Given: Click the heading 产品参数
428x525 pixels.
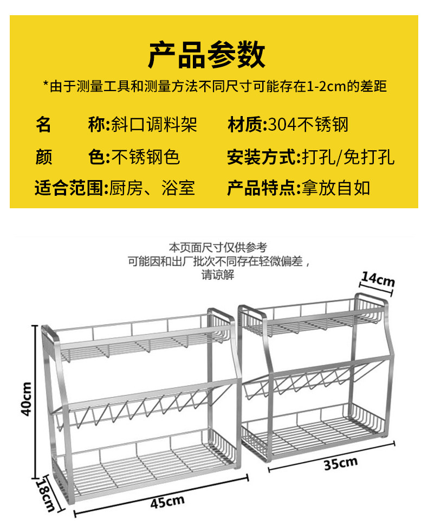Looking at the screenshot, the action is point(207,55).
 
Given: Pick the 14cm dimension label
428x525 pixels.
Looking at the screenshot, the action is point(378,280).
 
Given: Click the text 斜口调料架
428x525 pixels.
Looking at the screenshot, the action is point(154,125).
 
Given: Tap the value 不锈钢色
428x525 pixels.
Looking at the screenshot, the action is point(145,157).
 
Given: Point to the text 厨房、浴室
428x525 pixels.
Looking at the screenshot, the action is point(152,188).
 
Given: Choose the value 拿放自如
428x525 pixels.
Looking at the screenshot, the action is point(335,188).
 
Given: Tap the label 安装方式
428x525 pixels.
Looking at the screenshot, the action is point(262,157).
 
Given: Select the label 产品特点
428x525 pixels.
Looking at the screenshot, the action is point(262,188).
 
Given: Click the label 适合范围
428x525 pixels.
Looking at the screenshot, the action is point(70,188).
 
